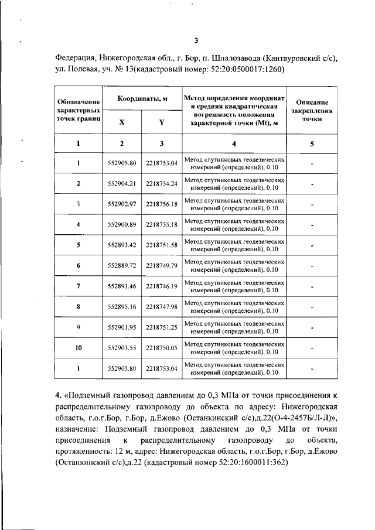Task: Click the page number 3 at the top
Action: point(197,40)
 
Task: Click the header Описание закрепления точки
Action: point(312,109)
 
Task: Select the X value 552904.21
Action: point(122,183)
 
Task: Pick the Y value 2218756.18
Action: point(162,204)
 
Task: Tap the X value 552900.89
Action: point(122,225)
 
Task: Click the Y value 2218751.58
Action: point(162,245)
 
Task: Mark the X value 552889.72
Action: point(122,266)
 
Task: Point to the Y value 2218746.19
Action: point(162,286)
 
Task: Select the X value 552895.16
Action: point(122,307)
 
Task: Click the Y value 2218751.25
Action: point(162,327)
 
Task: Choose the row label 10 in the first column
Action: point(78,348)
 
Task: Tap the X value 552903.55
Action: point(122,348)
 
